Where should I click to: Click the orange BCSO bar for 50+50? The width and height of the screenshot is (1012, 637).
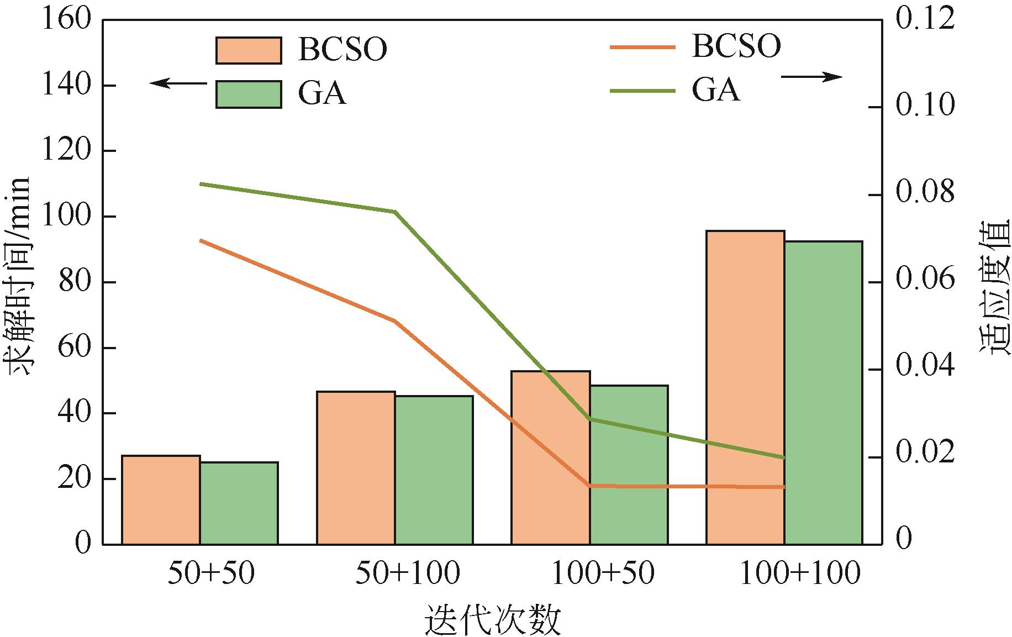(x=161, y=500)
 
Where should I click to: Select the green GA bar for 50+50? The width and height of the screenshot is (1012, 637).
(x=239, y=503)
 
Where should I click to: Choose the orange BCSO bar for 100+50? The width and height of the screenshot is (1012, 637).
(x=551, y=458)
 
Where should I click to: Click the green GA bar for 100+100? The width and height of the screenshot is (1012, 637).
(x=823, y=393)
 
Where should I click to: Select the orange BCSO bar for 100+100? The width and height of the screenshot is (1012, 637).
(x=745, y=387)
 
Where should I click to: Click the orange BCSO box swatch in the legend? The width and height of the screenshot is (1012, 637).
(x=249, y=50)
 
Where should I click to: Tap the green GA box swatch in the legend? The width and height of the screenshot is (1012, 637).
(x=249, y=94)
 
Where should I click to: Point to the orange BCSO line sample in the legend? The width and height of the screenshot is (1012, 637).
(x=642, y=48)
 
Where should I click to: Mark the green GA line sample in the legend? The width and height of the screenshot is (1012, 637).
(x=642, y=90)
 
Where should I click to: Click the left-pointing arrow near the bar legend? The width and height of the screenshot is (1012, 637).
(x=178, y=83)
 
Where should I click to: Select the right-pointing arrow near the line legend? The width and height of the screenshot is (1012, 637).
(x=811, y=77)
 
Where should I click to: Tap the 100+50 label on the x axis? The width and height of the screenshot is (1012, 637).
(x=603, y=573)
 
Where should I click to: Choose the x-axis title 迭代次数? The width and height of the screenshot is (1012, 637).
(x=492, y=620)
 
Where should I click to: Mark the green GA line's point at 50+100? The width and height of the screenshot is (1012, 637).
(x=395, y=212)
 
